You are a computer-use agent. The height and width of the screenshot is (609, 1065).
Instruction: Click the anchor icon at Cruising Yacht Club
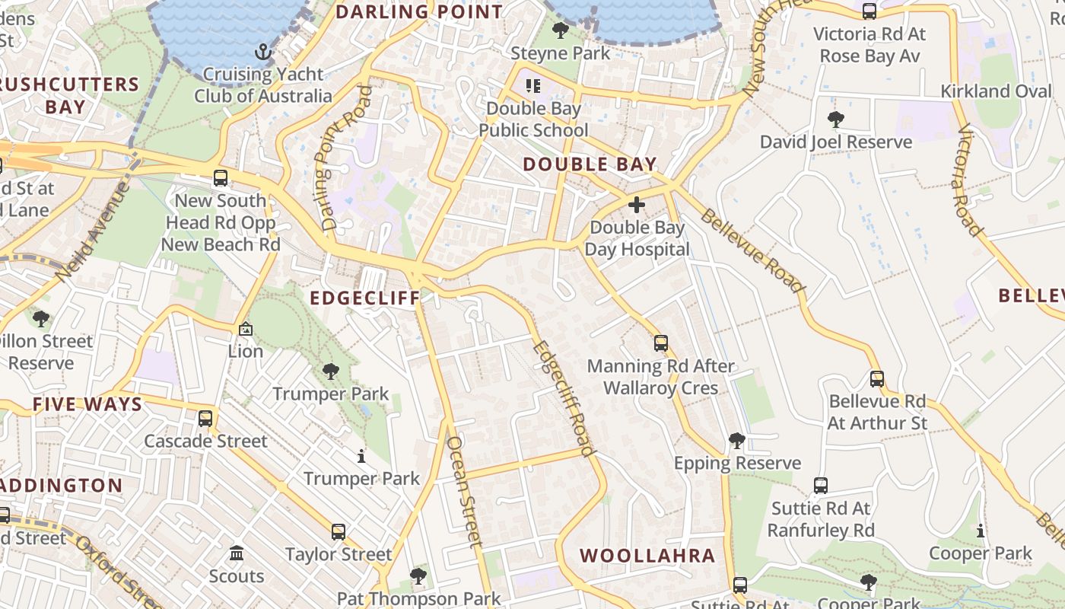(262, 52)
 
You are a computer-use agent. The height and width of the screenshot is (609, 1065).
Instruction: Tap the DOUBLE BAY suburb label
(590, 164)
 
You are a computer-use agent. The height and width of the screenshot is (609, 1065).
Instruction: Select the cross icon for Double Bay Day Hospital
(637, 205)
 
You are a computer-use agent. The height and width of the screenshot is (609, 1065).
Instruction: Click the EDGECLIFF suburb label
(365, 298)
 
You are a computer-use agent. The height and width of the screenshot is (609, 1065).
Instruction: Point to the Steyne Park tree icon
(561, 30)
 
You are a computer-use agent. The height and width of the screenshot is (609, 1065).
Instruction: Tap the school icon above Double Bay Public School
(533, 86)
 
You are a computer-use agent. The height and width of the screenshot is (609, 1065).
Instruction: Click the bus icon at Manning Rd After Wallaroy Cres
(660, 343)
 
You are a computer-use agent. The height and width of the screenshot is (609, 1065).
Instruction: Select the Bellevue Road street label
(752, 250)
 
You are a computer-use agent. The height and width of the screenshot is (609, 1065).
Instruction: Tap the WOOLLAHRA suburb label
(647, 556)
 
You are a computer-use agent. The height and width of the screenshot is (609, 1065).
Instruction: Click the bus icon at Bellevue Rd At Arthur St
(877, 378)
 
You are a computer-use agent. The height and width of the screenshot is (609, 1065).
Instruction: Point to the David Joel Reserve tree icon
(835, 120)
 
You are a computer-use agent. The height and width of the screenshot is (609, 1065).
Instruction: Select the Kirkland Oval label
(997, 91)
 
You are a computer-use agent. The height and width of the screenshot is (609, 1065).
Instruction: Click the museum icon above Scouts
(237, 553)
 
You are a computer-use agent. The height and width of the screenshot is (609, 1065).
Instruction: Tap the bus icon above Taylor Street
(338, 531)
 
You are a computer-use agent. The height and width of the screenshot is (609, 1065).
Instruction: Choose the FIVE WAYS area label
(87, 404)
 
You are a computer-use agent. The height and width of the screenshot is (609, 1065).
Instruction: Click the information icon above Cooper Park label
(981, 531)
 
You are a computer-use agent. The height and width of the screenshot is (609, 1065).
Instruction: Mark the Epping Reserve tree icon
(736, 440)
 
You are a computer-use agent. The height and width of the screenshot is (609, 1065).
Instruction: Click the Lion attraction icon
(246, 329)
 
